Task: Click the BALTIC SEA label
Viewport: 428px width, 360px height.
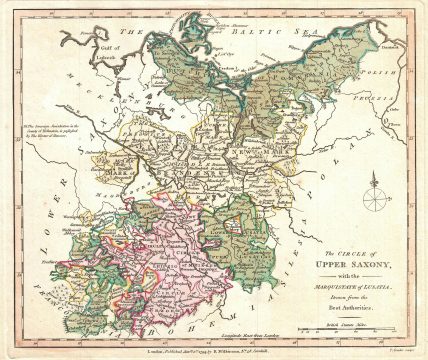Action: coord(290,31)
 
